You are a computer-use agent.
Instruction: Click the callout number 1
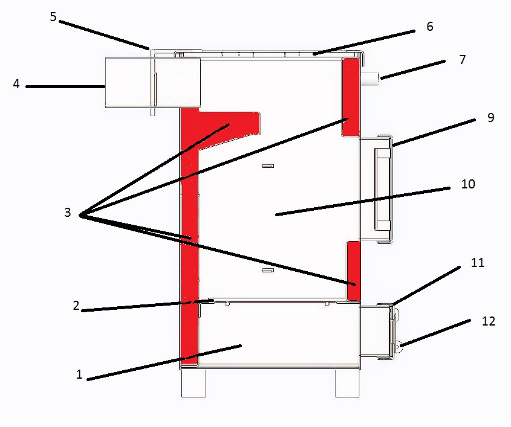click(x=79, y=374)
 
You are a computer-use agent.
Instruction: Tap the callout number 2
click(x=76, y=305)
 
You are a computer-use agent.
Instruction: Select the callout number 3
click(x=68, y=212)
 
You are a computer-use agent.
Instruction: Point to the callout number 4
click(x=16, y=83)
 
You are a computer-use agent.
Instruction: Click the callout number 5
click(x=53, y=16)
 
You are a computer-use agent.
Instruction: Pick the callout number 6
click(x=430, y=27)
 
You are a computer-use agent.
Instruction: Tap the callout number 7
click(x=463, y=60)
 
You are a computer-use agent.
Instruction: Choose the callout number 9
click(x=491, y=118)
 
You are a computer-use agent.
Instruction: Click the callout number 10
click(x=468, y=184)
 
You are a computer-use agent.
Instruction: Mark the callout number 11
click(x=478, y=262)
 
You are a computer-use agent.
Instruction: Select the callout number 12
click(x=489, y=321)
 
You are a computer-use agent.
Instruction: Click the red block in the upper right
click(x=351, y=97)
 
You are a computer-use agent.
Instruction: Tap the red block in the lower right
click(x=353, y=271)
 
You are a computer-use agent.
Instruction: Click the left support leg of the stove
click(x=194, y=383)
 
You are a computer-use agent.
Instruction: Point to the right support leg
click(x=347, y=383)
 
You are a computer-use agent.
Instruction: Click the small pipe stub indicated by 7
click(x=369, y=79)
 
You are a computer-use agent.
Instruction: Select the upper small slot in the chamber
click(x=268, y=166)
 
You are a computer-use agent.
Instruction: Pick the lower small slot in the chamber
click(x=268, y=270)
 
